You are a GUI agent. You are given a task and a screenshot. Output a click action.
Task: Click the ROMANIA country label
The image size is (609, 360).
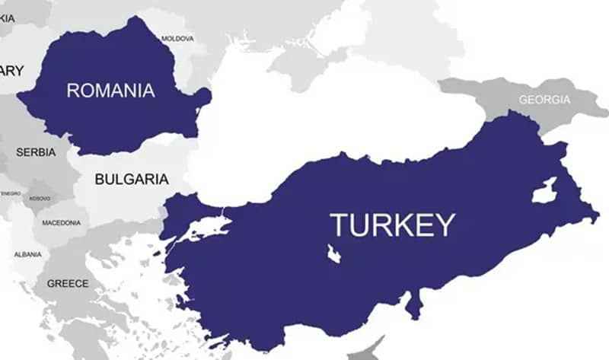pos(110,91)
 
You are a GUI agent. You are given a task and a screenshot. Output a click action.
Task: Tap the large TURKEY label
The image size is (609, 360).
pos(392,225)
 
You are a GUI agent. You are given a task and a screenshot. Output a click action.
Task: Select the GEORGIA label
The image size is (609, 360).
pos(544,100)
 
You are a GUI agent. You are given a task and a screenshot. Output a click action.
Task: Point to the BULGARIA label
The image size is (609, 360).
pos(132,180)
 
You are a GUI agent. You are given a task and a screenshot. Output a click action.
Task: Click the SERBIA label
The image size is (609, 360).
pos(36,152)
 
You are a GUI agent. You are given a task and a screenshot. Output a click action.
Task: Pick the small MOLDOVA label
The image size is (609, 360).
pos(178,38)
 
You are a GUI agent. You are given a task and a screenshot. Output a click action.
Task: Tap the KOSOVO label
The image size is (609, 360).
pos(40,199)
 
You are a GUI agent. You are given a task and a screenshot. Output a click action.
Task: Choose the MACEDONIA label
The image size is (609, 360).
pos(61,223)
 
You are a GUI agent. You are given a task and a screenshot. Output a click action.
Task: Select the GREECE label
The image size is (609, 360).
pos(68,283)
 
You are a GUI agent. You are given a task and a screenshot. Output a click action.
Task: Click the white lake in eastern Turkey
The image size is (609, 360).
pos(544,190)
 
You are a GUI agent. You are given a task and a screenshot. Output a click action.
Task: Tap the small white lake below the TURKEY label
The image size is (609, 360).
pos(333,254)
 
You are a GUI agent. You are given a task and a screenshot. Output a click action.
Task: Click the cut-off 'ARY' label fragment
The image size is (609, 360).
pos(11,70)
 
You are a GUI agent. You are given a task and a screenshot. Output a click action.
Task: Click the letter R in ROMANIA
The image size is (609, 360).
pos(73,91)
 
